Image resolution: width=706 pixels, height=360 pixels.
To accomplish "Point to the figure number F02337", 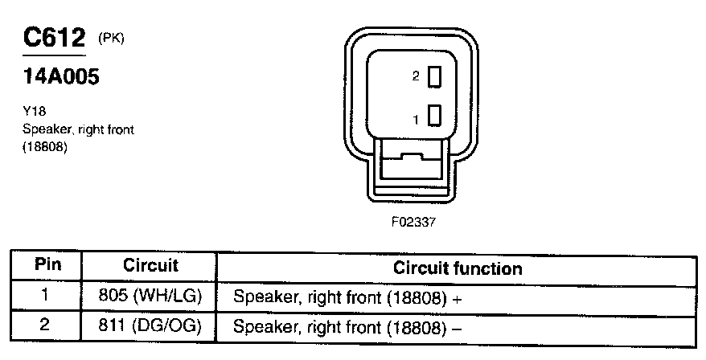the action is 413,222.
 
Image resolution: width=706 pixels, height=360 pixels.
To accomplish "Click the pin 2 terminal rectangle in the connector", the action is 435,76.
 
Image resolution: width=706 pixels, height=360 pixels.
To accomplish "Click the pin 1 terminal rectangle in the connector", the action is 435,116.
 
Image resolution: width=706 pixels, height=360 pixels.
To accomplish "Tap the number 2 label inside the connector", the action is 416,77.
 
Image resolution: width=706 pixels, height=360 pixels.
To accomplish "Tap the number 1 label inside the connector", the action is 416,119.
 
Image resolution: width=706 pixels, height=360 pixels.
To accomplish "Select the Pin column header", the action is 46,266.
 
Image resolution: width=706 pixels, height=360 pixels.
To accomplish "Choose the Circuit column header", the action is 150,266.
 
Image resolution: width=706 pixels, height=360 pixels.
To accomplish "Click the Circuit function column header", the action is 457,268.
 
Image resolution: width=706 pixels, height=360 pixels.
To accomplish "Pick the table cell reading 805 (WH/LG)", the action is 150,297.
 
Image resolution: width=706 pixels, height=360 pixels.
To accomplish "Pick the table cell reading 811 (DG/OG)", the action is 150,327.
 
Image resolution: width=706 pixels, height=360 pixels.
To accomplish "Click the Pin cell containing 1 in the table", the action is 46,296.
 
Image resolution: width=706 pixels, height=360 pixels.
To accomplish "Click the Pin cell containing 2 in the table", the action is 46,326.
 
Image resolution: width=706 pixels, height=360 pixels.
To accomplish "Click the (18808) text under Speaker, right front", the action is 44,147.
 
